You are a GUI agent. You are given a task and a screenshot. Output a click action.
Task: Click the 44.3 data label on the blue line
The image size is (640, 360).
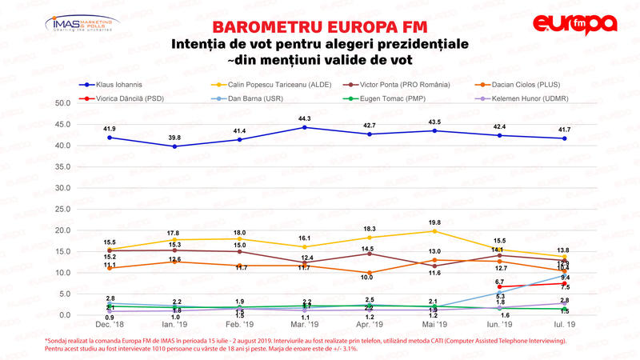[x=303, y=119]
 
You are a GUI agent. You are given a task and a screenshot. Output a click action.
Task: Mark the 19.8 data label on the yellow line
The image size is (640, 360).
[x=434, y=222]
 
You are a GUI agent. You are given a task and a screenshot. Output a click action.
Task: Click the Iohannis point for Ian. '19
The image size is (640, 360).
[x=174, y=146]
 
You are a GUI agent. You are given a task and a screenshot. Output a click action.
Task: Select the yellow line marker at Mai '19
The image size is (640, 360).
[x=434, y=231]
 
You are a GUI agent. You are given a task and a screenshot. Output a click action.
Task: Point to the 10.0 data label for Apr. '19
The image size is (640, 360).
[x=368, y=277]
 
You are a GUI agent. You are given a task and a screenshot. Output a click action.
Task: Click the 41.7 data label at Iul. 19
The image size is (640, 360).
[x=563, y=130]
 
